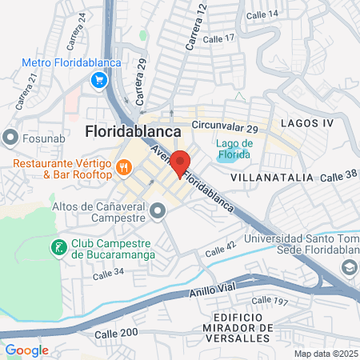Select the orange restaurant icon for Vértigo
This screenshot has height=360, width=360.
[124, 168]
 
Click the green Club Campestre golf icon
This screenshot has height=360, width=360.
[58, 248]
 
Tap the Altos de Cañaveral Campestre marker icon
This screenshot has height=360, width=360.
[158, 211]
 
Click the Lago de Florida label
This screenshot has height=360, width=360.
[234, 149]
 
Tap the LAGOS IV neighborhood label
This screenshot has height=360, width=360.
[306, 123]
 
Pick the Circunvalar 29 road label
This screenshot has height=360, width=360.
[225, 128]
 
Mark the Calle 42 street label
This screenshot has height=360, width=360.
[221, 250]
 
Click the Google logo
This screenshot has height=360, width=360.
[26, 350]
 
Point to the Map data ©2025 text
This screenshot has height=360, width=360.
[325, 354]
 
